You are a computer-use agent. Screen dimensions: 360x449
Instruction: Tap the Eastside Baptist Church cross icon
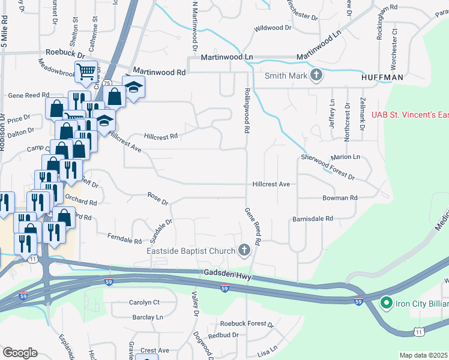(x=244, y=249)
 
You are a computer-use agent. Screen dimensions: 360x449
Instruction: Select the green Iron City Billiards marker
(x=387, y=304)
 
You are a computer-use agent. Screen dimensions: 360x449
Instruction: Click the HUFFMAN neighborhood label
(x=382, y=77)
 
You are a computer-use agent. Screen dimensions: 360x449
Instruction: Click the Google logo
(x=20, y=353)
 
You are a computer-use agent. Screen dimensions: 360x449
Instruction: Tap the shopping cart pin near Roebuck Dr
(x=86, y=72)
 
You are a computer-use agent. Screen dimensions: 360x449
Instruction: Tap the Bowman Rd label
(x=340, y=197)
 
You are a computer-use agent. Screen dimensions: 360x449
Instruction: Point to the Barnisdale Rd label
(x=313, y=219)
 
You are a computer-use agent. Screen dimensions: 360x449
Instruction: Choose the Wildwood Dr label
(x=272, y=28)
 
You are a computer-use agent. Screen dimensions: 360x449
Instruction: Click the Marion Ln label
(x=345, y=157)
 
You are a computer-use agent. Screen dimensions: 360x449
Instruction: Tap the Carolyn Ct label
(x=144, y=302)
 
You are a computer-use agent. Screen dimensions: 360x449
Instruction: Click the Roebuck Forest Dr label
(x=246, y=324)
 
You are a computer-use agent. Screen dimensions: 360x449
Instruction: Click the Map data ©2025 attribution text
(x=424, y=355)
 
